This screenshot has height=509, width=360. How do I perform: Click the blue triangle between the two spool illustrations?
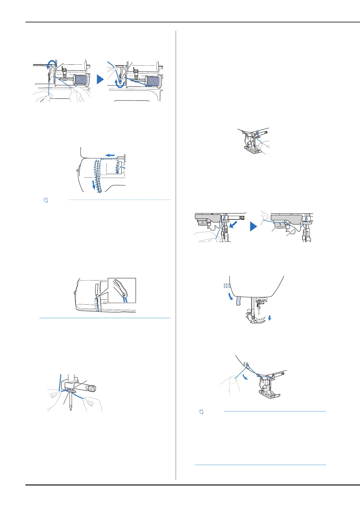click(100, 79)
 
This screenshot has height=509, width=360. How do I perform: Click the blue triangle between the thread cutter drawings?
click(253, 226)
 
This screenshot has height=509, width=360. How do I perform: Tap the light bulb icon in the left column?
click(46, 200)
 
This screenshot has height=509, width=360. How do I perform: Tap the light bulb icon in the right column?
click(201, 412)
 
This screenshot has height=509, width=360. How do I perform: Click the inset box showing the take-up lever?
click(122, 290)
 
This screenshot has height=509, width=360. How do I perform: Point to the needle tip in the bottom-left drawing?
click(71, 410)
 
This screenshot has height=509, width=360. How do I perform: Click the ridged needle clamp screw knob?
click(92, 388)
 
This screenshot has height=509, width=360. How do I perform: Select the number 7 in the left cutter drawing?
click(202, 223)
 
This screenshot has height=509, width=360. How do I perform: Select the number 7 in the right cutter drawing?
click(280, 225)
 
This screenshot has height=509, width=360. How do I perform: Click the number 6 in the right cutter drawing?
click(306, 219)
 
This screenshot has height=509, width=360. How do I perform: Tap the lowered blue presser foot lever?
click(238, 301)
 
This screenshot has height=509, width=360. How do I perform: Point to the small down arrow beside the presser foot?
click(270, 318)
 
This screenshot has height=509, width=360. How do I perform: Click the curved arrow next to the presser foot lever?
click(231, 297)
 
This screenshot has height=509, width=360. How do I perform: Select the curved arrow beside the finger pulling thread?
click(245, 377)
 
